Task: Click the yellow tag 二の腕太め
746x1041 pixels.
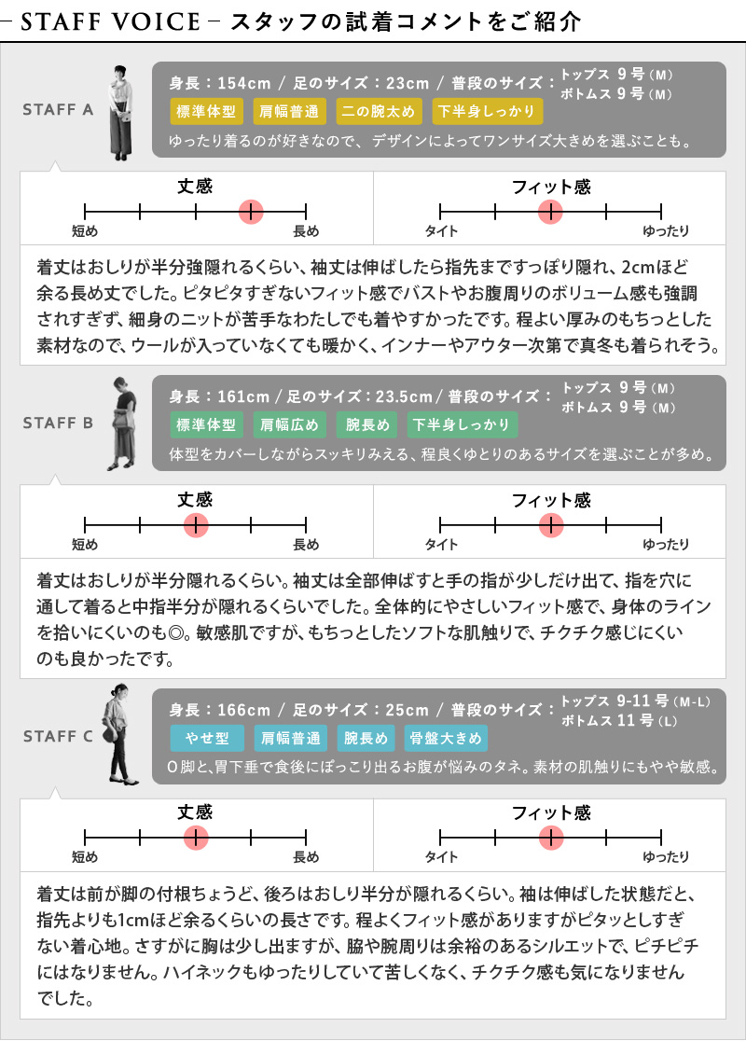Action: click(379, 111)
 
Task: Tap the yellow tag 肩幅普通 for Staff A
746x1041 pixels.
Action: click(289, 111)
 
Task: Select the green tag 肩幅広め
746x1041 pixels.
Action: click(289, 424)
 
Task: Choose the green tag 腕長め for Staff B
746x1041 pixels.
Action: click(367, 424)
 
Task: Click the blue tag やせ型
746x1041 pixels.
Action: click(207, 738)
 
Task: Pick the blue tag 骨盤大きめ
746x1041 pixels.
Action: click(446, 738)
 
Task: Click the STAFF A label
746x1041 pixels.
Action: click(58, 109)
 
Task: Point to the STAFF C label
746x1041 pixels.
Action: click(58, 736)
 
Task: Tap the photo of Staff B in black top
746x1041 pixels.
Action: click(123, 423)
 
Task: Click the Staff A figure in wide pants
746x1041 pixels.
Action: click(120, 112)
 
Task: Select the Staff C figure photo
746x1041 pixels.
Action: click(119, 734)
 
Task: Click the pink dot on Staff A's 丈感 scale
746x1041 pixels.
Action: click(251, 212)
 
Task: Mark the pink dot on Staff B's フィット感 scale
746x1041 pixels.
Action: click(551, 525)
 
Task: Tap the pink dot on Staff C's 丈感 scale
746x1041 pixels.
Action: click(196, 838)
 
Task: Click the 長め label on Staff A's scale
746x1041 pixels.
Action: click(306, 231)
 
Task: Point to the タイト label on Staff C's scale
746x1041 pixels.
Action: click(441, 857)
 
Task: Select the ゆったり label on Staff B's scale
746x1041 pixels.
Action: click(666, 545)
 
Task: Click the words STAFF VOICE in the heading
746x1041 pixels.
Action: click(110, 21)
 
